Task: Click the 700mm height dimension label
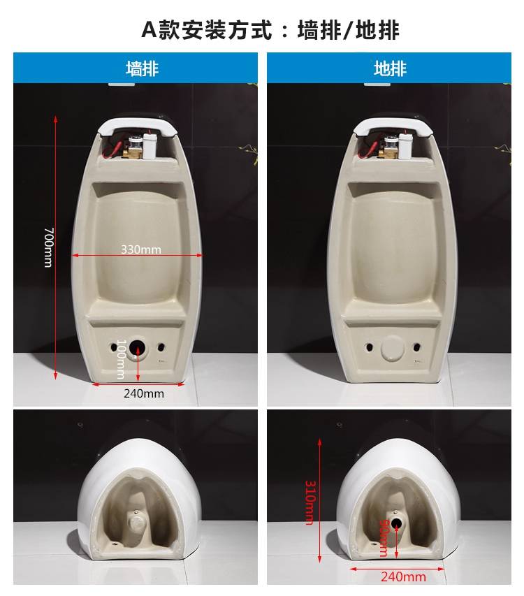click(x=49, y=247)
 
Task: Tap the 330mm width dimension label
click(x=141, y=249)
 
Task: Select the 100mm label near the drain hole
click(x=121, y=359)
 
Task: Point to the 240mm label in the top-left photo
click(x=144, y=393)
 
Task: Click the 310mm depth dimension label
click(x=310, y=502)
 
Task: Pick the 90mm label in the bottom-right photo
click(x=384, y=537)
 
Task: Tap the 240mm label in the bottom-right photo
click(x=403, y=576)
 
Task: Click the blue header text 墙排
click(x=142, y=68)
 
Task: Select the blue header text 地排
click(x=390, y=68)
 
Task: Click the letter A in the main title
click(x=149, y=29)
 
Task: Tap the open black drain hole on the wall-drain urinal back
click(x=137, y=347)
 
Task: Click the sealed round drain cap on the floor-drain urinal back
click(x=393, y=347)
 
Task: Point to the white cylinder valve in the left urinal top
click(x=150, y=145)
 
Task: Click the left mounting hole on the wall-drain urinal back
click(x=114, y=347)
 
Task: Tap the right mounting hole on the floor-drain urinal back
click(x=417, y=347)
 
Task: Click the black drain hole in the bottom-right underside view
click(x=396, y=524)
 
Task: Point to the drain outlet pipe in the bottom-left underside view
click(x=136, y=523)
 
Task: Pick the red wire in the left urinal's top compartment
click(x=115, y=149)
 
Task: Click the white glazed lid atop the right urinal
click(x=393, y=126)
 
